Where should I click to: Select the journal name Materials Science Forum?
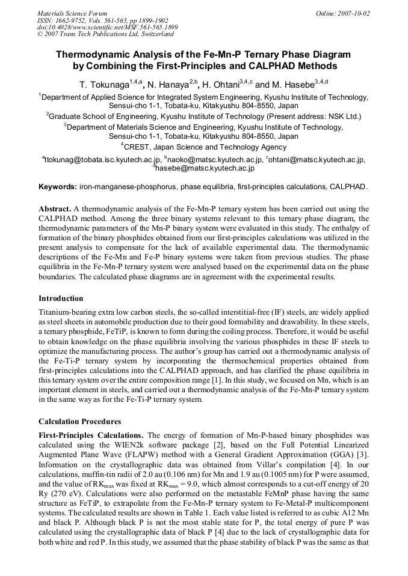click(x=72, y=13)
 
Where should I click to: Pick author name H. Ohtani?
click(x=226, y=85)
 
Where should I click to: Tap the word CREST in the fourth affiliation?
click(x=137, y=147)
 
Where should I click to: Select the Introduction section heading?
click(x=61, y=299)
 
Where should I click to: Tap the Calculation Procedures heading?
click(x=79, y=421)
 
